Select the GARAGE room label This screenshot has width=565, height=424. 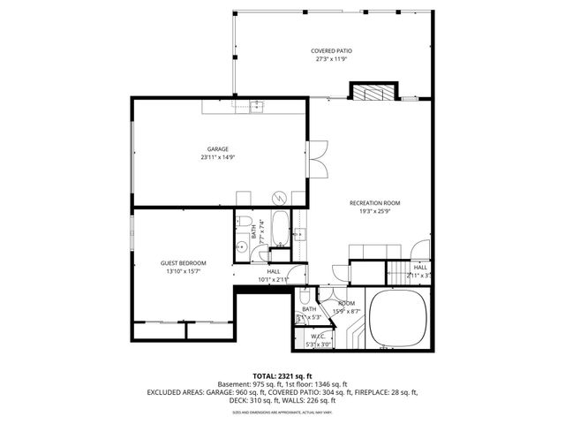(x=218, y=148)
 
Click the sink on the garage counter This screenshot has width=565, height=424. (x=255, y=106)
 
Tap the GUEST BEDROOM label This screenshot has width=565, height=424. (x=183, y=263)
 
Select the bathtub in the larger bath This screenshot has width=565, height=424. (x=281, y=229)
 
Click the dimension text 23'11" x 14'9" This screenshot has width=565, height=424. (x=218, y=157)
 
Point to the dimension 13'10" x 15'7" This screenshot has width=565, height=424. (x=183, y=272)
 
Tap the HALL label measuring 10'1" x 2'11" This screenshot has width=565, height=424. (x=274, y=271)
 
